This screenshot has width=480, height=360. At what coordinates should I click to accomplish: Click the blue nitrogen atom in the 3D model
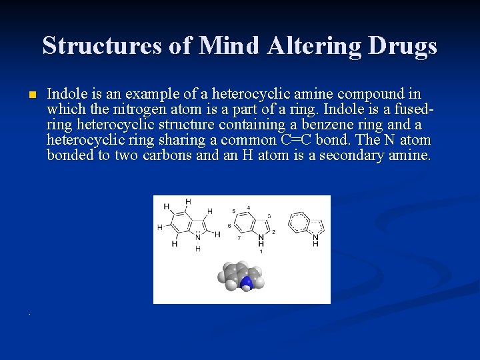(x=247, y=283)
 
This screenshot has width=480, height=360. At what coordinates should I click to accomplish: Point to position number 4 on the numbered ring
(x=248, y=208)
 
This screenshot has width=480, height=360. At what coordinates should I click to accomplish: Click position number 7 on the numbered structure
(x=239, y=237)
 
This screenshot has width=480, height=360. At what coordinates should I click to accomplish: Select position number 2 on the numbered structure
(x=273, y=232)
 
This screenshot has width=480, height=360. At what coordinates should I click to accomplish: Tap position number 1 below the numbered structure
(x=261, y=252)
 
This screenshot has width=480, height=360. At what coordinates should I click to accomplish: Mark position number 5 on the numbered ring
(x=233, y=211)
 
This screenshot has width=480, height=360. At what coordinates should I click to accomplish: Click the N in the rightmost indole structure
(x=315, y=235)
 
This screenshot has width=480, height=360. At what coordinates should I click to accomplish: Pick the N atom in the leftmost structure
(x=197, y=237)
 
